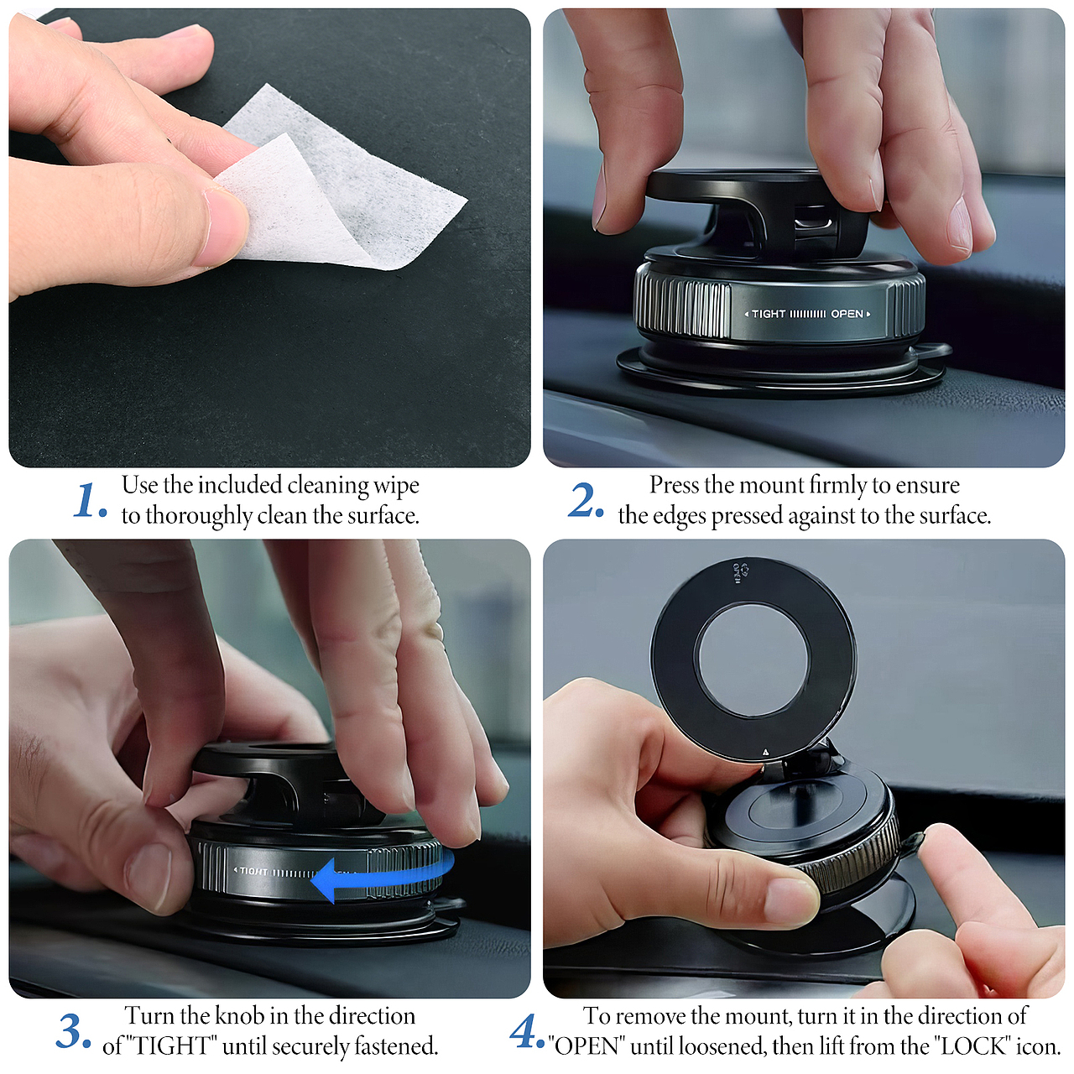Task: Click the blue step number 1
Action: pyautogui.click(x=90, y=500)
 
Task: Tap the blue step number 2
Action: pyautogui.click(x=586, y=499)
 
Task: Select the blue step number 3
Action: pyautogui.click(x=74, y=1032)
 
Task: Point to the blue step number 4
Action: pyautogui.click(x=527, y=1032)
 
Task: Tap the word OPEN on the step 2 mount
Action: pyautogui.click(x=847, y=314)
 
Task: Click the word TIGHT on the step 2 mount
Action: pyautogui.click(x=769, y=314)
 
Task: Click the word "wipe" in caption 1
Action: pyautogui.click(x=396, y=486)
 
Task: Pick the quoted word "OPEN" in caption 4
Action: pyautogui.click(x=587, y=1046)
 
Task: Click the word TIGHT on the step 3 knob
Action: pyautogui.click(x=253, y=871)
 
